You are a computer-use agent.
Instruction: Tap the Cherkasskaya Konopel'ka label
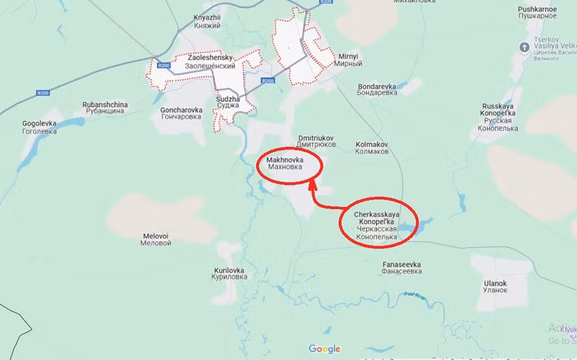pyautogui.click(x=376, y=222)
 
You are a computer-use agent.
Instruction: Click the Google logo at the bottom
pyautogui.click(x=324, y=349)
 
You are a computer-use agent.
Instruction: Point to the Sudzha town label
pyautogui.click(x=228, y=103)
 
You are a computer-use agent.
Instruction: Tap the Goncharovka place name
pyautogui.click(x=182, y=114)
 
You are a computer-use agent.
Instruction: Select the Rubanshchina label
pyautogui.click(x=105, y=108)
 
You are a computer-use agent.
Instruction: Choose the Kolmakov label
pyautogui.click(x=372, y=147)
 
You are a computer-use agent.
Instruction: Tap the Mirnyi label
pyautogui.click(x=349, y=61)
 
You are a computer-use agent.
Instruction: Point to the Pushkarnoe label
pyautogui.click(x=537, y=12)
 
